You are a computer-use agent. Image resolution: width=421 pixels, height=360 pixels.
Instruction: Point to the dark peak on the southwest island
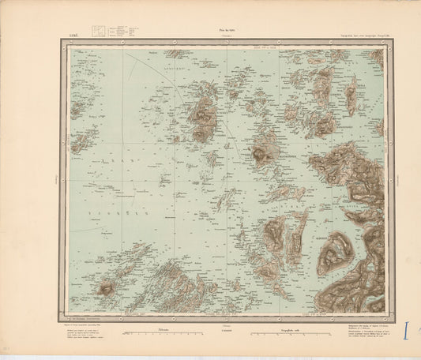tap(105, 289)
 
